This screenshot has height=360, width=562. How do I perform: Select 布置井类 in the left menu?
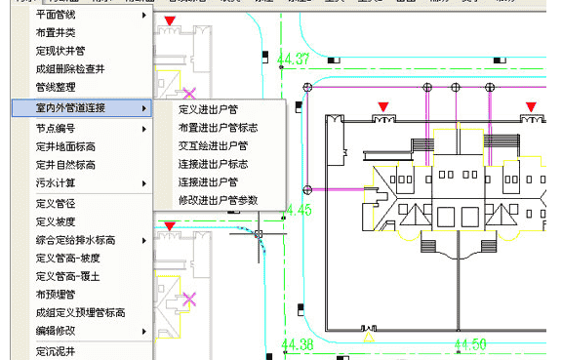(57, 33)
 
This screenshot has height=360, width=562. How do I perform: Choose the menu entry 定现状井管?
(60, 51)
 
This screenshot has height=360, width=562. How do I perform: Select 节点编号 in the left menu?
(57, 128)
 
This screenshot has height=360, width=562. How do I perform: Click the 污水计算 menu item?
(57, 182)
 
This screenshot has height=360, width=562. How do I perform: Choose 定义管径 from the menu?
(57, 204)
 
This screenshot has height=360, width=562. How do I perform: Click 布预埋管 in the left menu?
(57, 294)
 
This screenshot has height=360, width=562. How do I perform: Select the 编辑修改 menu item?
(57, 332)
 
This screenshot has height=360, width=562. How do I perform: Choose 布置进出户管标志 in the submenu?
(219, 127)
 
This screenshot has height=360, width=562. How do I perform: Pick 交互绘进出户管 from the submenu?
(213, 145)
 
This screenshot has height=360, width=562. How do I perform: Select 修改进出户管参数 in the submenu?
(219, 200)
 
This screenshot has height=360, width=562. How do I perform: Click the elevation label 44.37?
(294, 60)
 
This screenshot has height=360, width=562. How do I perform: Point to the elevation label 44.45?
(297, 210)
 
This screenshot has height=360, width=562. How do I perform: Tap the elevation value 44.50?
(470, 343)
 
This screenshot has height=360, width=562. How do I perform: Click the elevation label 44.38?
(297, 343)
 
